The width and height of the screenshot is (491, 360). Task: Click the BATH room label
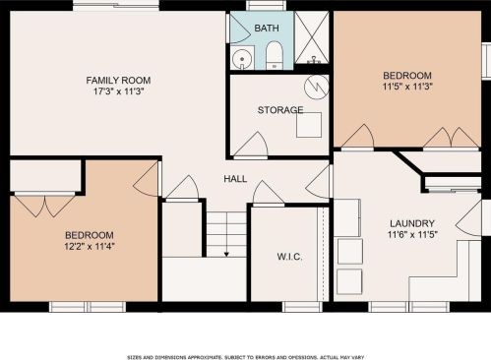point(267,29)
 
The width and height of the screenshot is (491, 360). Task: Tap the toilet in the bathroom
point(274,55)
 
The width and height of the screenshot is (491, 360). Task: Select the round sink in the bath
point(242,59)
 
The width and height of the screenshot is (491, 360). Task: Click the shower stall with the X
point(312,37)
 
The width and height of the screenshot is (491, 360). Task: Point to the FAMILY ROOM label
point(118,81)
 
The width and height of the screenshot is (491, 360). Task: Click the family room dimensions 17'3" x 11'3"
point(119,91)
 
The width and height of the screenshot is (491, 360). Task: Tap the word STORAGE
point(280,110)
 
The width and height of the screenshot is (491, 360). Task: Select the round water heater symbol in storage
point(317,87)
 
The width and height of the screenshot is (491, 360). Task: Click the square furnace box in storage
point(309,125)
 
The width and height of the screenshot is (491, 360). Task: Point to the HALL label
point(235,179)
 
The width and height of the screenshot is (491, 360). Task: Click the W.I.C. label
point(289,257)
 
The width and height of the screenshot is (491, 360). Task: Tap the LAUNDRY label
point(412,224)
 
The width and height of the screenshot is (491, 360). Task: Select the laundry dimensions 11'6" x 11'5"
point(412,235)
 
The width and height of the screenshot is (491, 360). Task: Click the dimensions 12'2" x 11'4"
point(90,246)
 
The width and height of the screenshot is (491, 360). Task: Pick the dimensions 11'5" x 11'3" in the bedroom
point(407,87)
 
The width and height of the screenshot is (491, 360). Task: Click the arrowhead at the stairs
point(226,254)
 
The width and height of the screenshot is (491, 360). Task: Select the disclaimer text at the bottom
point(245,357)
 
